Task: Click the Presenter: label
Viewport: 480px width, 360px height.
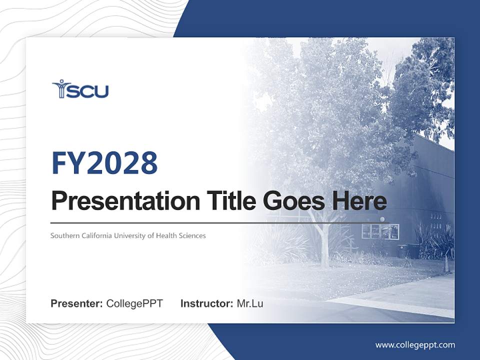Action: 77,303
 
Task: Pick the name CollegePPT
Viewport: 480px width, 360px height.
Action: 134,303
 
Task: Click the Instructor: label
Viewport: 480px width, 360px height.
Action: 206,303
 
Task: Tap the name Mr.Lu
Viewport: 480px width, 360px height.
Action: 250,303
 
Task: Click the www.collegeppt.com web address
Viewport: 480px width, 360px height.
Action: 415,345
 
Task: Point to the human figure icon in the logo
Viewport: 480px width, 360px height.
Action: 60,88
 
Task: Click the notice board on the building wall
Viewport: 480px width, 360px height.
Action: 380,231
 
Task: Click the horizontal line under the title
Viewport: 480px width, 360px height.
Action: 220,222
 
